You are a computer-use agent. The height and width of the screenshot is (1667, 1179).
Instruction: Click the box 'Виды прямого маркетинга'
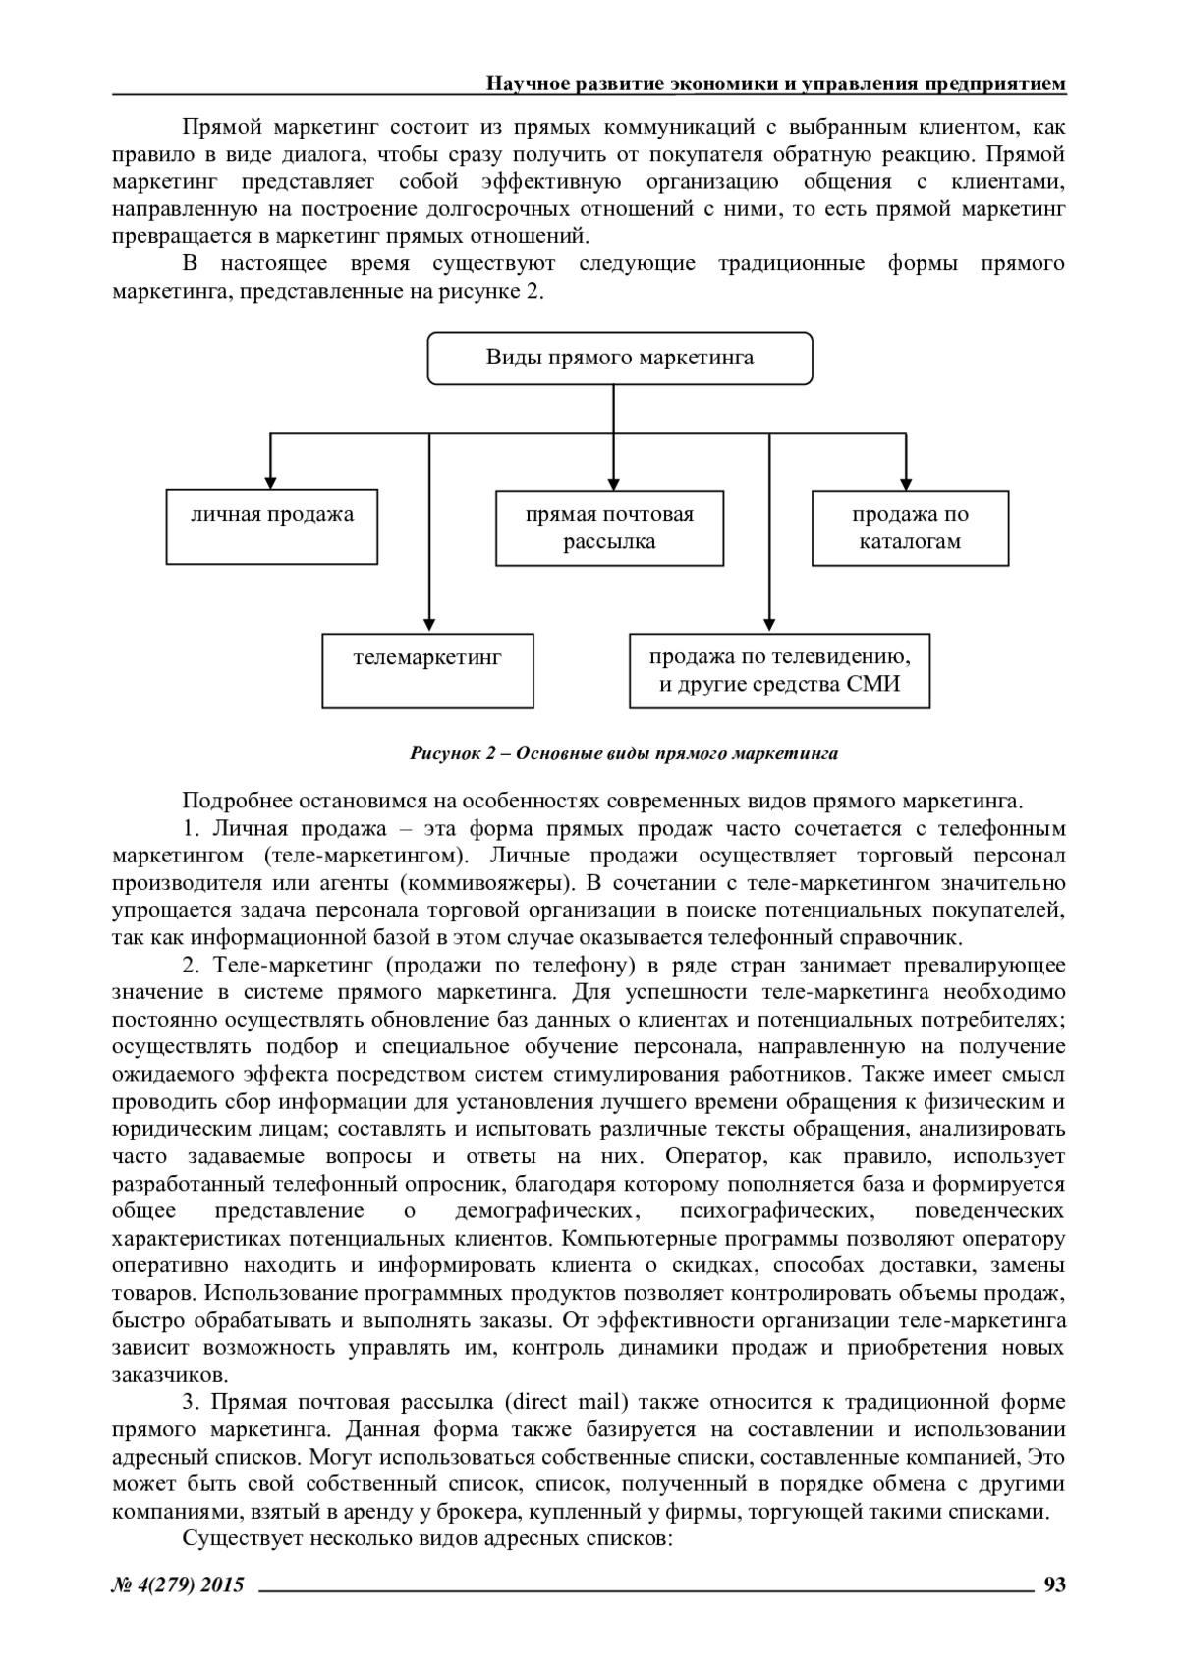click(x=620, y=358)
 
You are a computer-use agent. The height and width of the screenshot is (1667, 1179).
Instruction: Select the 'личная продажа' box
click(x=272, y=528)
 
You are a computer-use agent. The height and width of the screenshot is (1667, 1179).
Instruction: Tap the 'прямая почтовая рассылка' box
click(x=609, y=528)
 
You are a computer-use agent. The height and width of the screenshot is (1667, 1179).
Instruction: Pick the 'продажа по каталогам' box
click(x=910, y=528)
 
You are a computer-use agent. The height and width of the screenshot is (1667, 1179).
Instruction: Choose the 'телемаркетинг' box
click(x=427, y=671)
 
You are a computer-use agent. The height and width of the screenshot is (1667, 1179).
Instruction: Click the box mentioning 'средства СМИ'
click(x=779, y=671)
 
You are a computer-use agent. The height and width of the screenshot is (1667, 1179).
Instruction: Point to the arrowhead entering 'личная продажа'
click(x=271, y=483)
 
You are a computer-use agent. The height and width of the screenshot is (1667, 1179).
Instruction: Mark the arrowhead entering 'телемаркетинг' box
click(x=429, y=626)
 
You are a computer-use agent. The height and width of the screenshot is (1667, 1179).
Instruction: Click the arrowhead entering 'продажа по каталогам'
click(x=907, y=483)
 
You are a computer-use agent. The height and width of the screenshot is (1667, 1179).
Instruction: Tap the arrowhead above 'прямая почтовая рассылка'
click(x=614, y=483)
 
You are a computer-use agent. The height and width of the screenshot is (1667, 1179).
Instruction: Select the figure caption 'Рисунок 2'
click(x=623, y=754)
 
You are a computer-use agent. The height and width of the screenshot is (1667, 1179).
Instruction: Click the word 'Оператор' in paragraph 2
click(x=706, y=1156)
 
